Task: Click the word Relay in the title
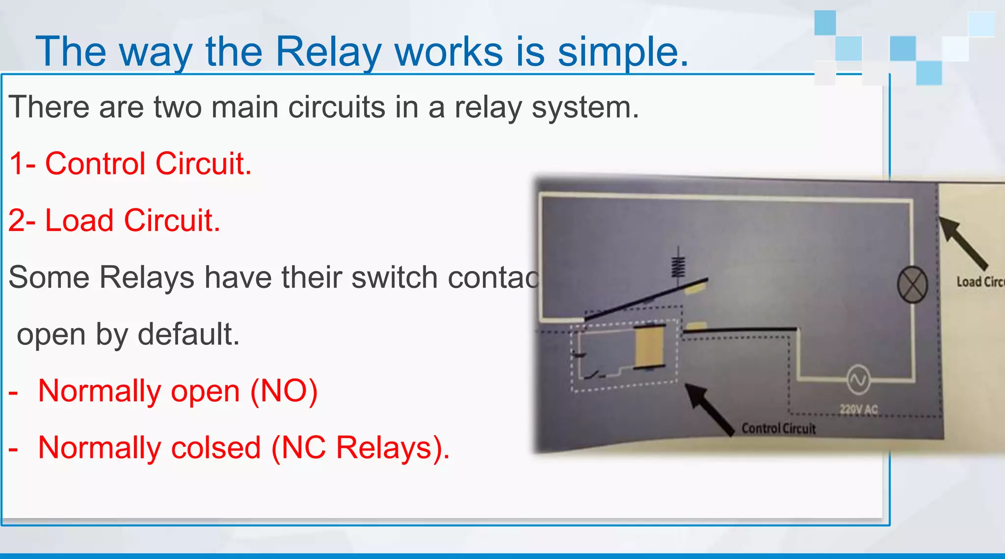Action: coord(328,52)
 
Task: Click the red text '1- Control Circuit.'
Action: coord(131,164)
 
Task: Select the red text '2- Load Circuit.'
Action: coord(114,220)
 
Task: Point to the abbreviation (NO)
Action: coord(284,391)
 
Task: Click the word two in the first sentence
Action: coord(178,107)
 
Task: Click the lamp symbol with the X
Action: coord(912,285)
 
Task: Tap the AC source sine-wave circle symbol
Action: coord(858,380)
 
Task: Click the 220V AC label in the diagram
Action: coord(858,409)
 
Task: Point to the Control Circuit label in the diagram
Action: coord(778,428)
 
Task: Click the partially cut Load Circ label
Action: coord(979,282)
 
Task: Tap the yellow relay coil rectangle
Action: coord(649,346)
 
